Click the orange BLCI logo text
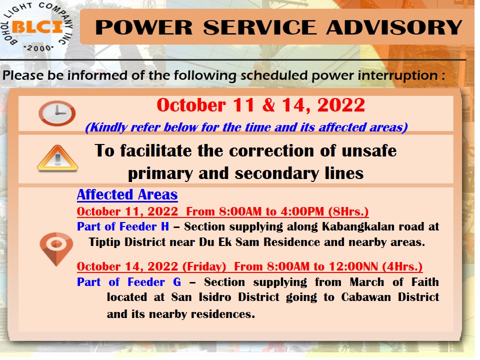tap(37, 27)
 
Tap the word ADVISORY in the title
tap(394, 27)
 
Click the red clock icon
tap(57, 113)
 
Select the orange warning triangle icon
tap(57, 158)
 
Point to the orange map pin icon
tap(56, 248)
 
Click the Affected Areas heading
tap(127, 194)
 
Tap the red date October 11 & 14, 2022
tap(261, 105)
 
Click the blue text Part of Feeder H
tap(123, 226)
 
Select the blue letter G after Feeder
tap(177, 282)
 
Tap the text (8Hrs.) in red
tap(348, 211)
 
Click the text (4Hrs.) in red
tap(402, 266)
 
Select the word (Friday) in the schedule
tap(204, 266)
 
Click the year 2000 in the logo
tap(39, 48)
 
